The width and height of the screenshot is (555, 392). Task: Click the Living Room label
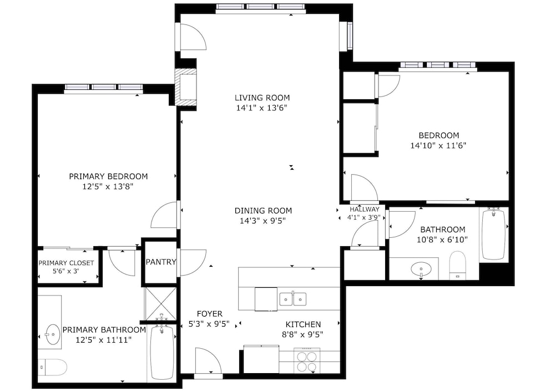(x=262, y=98)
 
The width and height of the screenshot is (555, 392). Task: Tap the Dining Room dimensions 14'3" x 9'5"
(x=262, y=221)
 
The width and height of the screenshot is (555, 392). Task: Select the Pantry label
(x=161, y=262)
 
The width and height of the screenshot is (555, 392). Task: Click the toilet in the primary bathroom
(x=53, y=368)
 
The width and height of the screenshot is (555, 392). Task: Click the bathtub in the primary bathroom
(x=162, y=352)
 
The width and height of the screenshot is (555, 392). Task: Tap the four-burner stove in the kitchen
(x=307, y=360)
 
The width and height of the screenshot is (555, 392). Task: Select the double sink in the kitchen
(x=292, y=299)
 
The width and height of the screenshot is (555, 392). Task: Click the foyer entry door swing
(x=208, y=360)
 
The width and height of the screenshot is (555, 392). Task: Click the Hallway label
(x=365, y=209)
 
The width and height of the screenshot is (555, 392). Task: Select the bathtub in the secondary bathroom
(x=494, y=234)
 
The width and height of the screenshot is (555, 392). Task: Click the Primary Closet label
(x=66, y=263)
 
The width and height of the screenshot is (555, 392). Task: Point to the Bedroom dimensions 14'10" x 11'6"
(x=438, y=145)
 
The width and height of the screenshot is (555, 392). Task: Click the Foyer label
(x=210, y=313)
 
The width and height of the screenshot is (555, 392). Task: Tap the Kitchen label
(x=304, y=324)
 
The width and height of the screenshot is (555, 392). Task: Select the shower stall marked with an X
(x=161, y=303)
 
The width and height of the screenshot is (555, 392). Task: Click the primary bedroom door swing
(x=164, y=215)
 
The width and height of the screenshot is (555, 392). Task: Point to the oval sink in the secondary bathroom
(x=421, y=269)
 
